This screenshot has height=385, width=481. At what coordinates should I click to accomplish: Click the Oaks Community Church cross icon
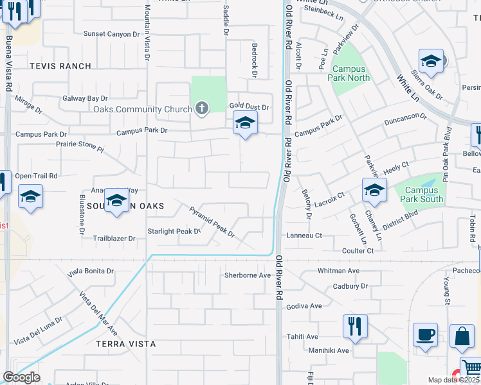pyautogui.click(x=202, y=108)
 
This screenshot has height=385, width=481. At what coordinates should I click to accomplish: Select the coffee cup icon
pyautogui.click(x=425, y=335)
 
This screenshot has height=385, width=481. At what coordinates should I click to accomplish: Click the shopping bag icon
pyautogui.click(x=462, y=336)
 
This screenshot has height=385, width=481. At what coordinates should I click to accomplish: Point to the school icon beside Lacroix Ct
pyautogui.click(x=374, y=190)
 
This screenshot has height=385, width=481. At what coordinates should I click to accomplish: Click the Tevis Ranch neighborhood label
pyautogui.click(x=59, y=66)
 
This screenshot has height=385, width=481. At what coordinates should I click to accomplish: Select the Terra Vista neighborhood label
pyautogui.click(x=125, y=344)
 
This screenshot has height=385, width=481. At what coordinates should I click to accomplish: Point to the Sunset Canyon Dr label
pyautogui.click(x=111, y=33)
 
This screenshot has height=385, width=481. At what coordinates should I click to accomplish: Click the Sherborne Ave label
pyautogui.click(x=248, y=275)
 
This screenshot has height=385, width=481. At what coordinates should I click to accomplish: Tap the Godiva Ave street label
pyautogui.click(x=304, y=306)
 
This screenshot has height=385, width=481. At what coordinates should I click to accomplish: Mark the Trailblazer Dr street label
pyautogui.click(x=114, y=238)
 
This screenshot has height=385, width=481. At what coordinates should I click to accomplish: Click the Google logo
pyautogui.click(x=22, y=377)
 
